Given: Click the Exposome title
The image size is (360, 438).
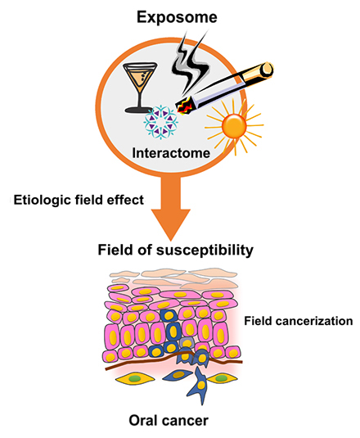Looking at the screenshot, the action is [177, 17].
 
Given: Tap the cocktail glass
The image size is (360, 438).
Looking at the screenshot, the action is [140, 87].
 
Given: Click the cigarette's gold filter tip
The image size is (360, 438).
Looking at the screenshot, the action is [264, 70].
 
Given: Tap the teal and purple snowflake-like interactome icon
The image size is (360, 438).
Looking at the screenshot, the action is [160, 122].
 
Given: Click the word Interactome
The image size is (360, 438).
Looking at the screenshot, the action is [171, 153].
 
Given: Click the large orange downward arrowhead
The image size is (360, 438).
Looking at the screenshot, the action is [171, 224].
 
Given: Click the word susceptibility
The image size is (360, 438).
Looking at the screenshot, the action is [205, 250].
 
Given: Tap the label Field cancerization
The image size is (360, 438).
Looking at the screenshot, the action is [299, 321].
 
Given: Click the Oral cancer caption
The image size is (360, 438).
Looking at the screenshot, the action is [169, 421].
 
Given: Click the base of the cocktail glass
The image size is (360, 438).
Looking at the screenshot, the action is [139, 110].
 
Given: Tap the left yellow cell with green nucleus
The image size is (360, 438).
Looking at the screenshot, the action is [135, 378].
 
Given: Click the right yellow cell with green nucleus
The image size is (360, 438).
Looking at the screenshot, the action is [222, 378].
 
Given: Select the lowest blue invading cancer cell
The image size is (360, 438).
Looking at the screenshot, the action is [200, 386].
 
